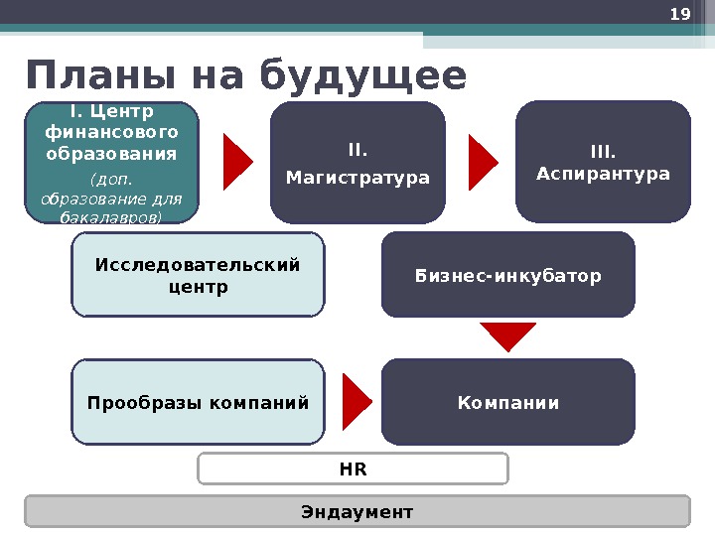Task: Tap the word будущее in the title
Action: [362, 76]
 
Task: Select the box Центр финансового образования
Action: [111, 162]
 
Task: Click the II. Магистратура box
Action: [357, 163]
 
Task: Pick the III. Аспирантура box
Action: [603, 163]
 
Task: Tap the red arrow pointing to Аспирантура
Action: [483, 162]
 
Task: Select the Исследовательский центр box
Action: [198, 275]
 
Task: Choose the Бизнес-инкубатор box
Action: [507, 275]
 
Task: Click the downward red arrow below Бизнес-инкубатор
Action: [507, 336]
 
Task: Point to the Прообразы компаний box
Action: [198, 402]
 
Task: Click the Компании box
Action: [507, 402]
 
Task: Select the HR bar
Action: [353, 469]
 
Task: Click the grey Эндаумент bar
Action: [357, 511]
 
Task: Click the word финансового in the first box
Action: [111, 132]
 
